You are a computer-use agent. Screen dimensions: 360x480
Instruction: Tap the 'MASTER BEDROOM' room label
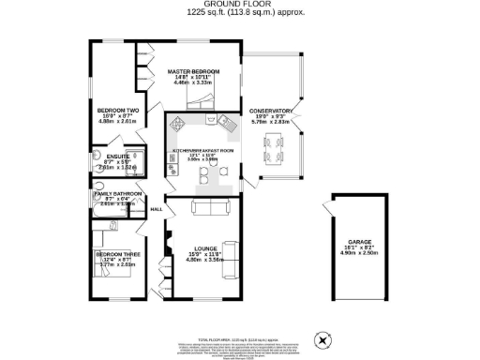[194, 72]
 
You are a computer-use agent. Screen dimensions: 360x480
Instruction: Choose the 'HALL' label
[157, 210]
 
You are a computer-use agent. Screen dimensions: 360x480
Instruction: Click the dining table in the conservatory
[273, 145]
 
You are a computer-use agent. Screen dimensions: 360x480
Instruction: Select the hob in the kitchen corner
[228, 122]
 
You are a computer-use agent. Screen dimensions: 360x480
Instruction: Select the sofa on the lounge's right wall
[231, 253]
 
